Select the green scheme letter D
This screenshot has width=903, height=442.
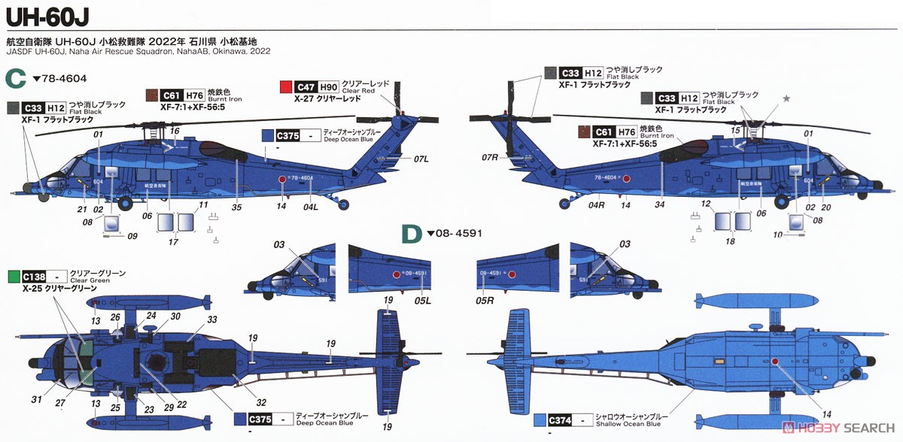pyautogui.click(x=411, y=235)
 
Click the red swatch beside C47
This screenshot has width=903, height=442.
pyautogui.click(x=285, y=86)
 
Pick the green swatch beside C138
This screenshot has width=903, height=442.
pyautogui.click(x=14, y=277)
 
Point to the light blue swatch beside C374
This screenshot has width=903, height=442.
pyautogui.click(x=540, y=420)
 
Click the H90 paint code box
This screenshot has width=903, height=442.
pyautogui.click(x=329, y=86)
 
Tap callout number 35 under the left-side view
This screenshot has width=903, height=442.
pyautogui.click(x=237, y=207)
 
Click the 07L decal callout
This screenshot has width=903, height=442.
pyautogui.click(x=421, y=159)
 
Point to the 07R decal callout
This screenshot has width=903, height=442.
pyautogui.click(x=491, y=157)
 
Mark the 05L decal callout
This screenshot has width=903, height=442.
pyautogui.click(x=422, y=301)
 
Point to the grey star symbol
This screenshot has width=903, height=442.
pyautogui.click(x=786, y=98)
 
